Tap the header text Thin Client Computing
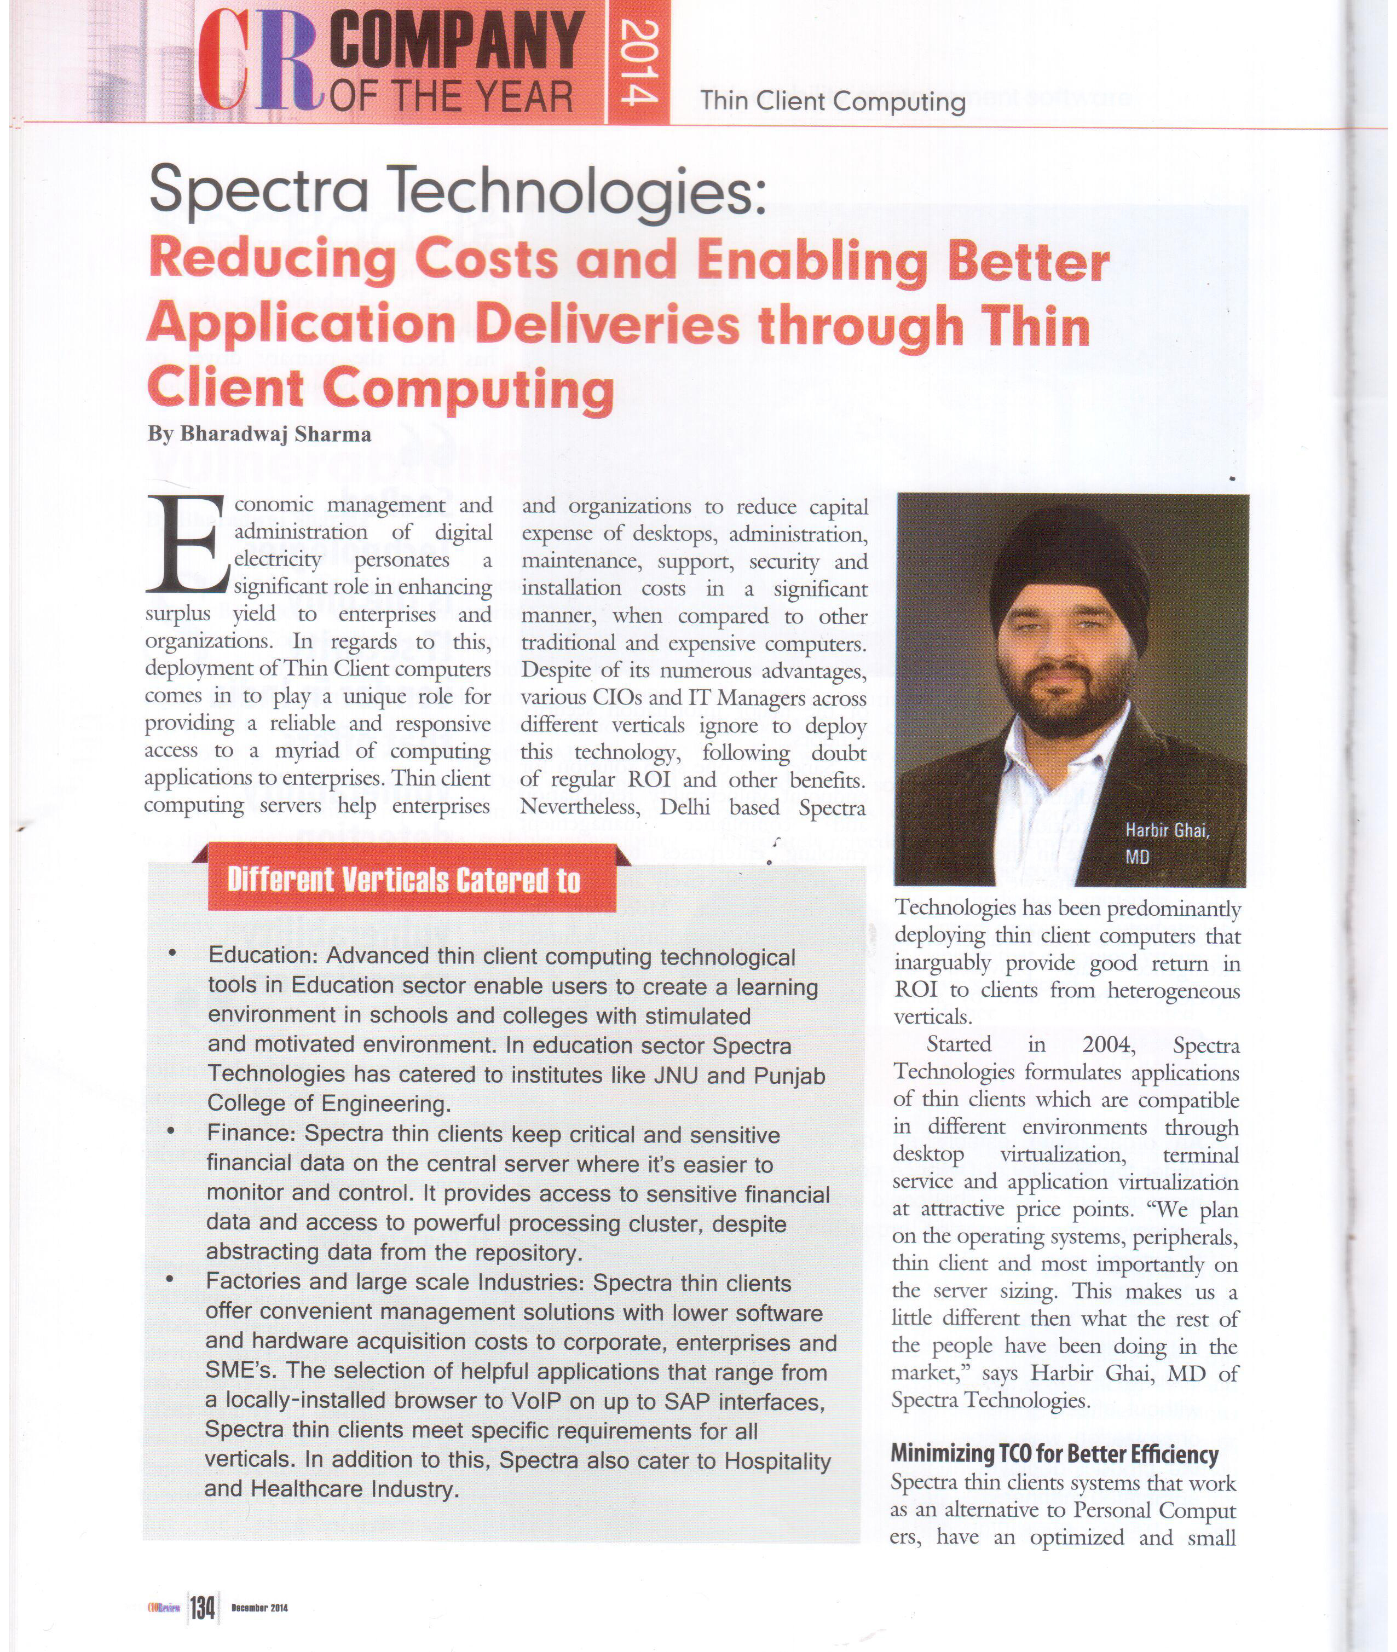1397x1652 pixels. click(832, 101)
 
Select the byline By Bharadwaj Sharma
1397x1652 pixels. click(259, 434)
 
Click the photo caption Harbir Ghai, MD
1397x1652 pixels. click(1167, 842)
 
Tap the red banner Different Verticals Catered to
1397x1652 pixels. click(404, 880)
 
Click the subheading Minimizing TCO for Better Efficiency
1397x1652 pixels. click(1054, 1453)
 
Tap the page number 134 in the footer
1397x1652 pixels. click(202, 1607)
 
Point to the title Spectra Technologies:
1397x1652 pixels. click(458, 192)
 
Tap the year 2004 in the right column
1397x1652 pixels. click(1108, 1044)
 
